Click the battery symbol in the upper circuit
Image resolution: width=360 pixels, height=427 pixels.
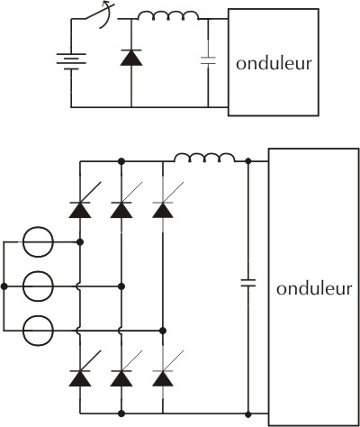[x=71, y=61]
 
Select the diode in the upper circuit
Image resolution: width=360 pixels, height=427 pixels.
[x=131, y=58]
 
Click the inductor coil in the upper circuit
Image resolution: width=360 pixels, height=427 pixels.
[x=168, y=15]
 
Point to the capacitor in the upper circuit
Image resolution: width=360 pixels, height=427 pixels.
[x=208, y=60]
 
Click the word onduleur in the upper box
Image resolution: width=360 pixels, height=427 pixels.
[x=274, y=64]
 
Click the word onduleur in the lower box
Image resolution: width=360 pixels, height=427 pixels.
[x=314, y=288]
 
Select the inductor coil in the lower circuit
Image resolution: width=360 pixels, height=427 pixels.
[x=204, y=158]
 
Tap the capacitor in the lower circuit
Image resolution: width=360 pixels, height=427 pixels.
[x=248, y=283]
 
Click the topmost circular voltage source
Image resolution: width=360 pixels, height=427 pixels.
[x=39, y=241]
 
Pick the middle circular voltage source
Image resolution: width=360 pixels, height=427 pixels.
[x=39, y=286]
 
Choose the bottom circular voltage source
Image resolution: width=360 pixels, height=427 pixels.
[x=39, y=331]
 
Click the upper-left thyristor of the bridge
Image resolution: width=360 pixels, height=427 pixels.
[x=80, y=207]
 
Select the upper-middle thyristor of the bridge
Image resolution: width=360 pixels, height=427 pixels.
[x=121, y=207]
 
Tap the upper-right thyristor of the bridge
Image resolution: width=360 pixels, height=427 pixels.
[x=163, y=207]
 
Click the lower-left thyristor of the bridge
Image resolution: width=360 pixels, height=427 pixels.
[x=80, y=376]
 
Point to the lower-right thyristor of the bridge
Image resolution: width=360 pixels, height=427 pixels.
[x=163, y=376]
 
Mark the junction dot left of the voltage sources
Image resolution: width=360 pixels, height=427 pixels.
[x=4, y=286]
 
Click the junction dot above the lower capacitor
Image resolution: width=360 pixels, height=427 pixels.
[x=248, y=161]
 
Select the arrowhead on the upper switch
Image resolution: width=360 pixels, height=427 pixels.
[x=106, y=4]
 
